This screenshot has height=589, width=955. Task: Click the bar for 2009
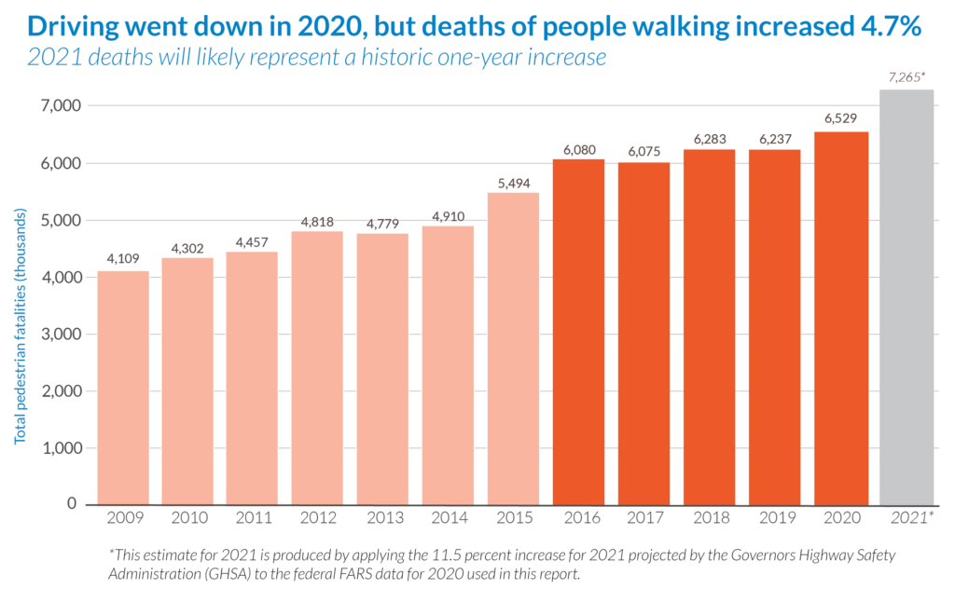(123, 387)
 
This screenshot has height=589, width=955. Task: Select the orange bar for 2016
(578, 331)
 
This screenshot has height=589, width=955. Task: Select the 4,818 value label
(318, 221)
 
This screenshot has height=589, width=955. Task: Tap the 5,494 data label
(514, 183)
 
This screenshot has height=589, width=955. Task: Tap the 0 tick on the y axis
(71, 503)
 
